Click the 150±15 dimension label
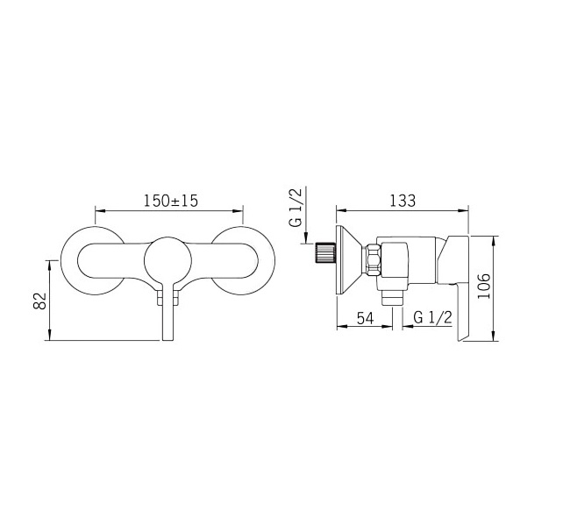(x=171, y=201)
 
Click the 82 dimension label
(x=40, y=301)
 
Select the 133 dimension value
(x=403, y=201)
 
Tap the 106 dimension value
(x=484, y=286)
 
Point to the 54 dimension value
(x=366, y=318)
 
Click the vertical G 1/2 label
(x=296, y=208)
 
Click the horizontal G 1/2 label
(x=432, y=317)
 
